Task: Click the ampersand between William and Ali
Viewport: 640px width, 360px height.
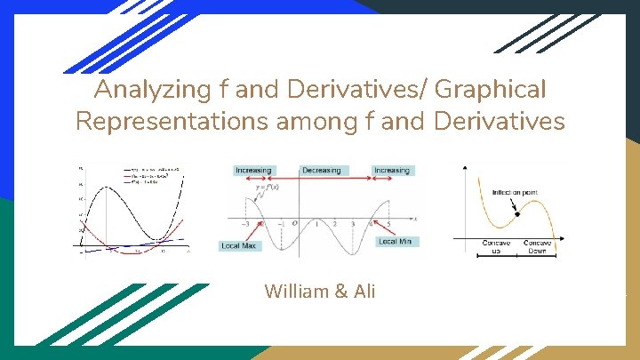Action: point(341,291)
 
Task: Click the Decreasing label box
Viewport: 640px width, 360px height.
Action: point(322,170)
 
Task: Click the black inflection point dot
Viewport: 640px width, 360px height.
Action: point(516,216)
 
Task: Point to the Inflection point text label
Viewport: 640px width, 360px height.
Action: point(506,190)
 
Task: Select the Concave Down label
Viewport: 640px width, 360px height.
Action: point(538,247)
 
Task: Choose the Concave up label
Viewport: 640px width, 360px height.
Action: point(496,247)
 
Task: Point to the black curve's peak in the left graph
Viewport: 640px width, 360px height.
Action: point(107,187)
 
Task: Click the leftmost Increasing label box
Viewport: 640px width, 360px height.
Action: point(253,170)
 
